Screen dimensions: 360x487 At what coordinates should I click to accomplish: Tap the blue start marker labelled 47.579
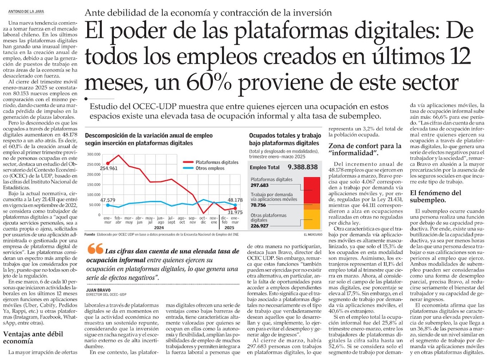tap(108, 205)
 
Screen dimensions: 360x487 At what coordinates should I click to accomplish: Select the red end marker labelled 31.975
tap(236, 208)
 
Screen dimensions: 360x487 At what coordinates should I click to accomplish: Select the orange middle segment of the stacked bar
tap(312, 206)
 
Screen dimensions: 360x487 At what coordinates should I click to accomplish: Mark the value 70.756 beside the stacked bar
tap(259, 205)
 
